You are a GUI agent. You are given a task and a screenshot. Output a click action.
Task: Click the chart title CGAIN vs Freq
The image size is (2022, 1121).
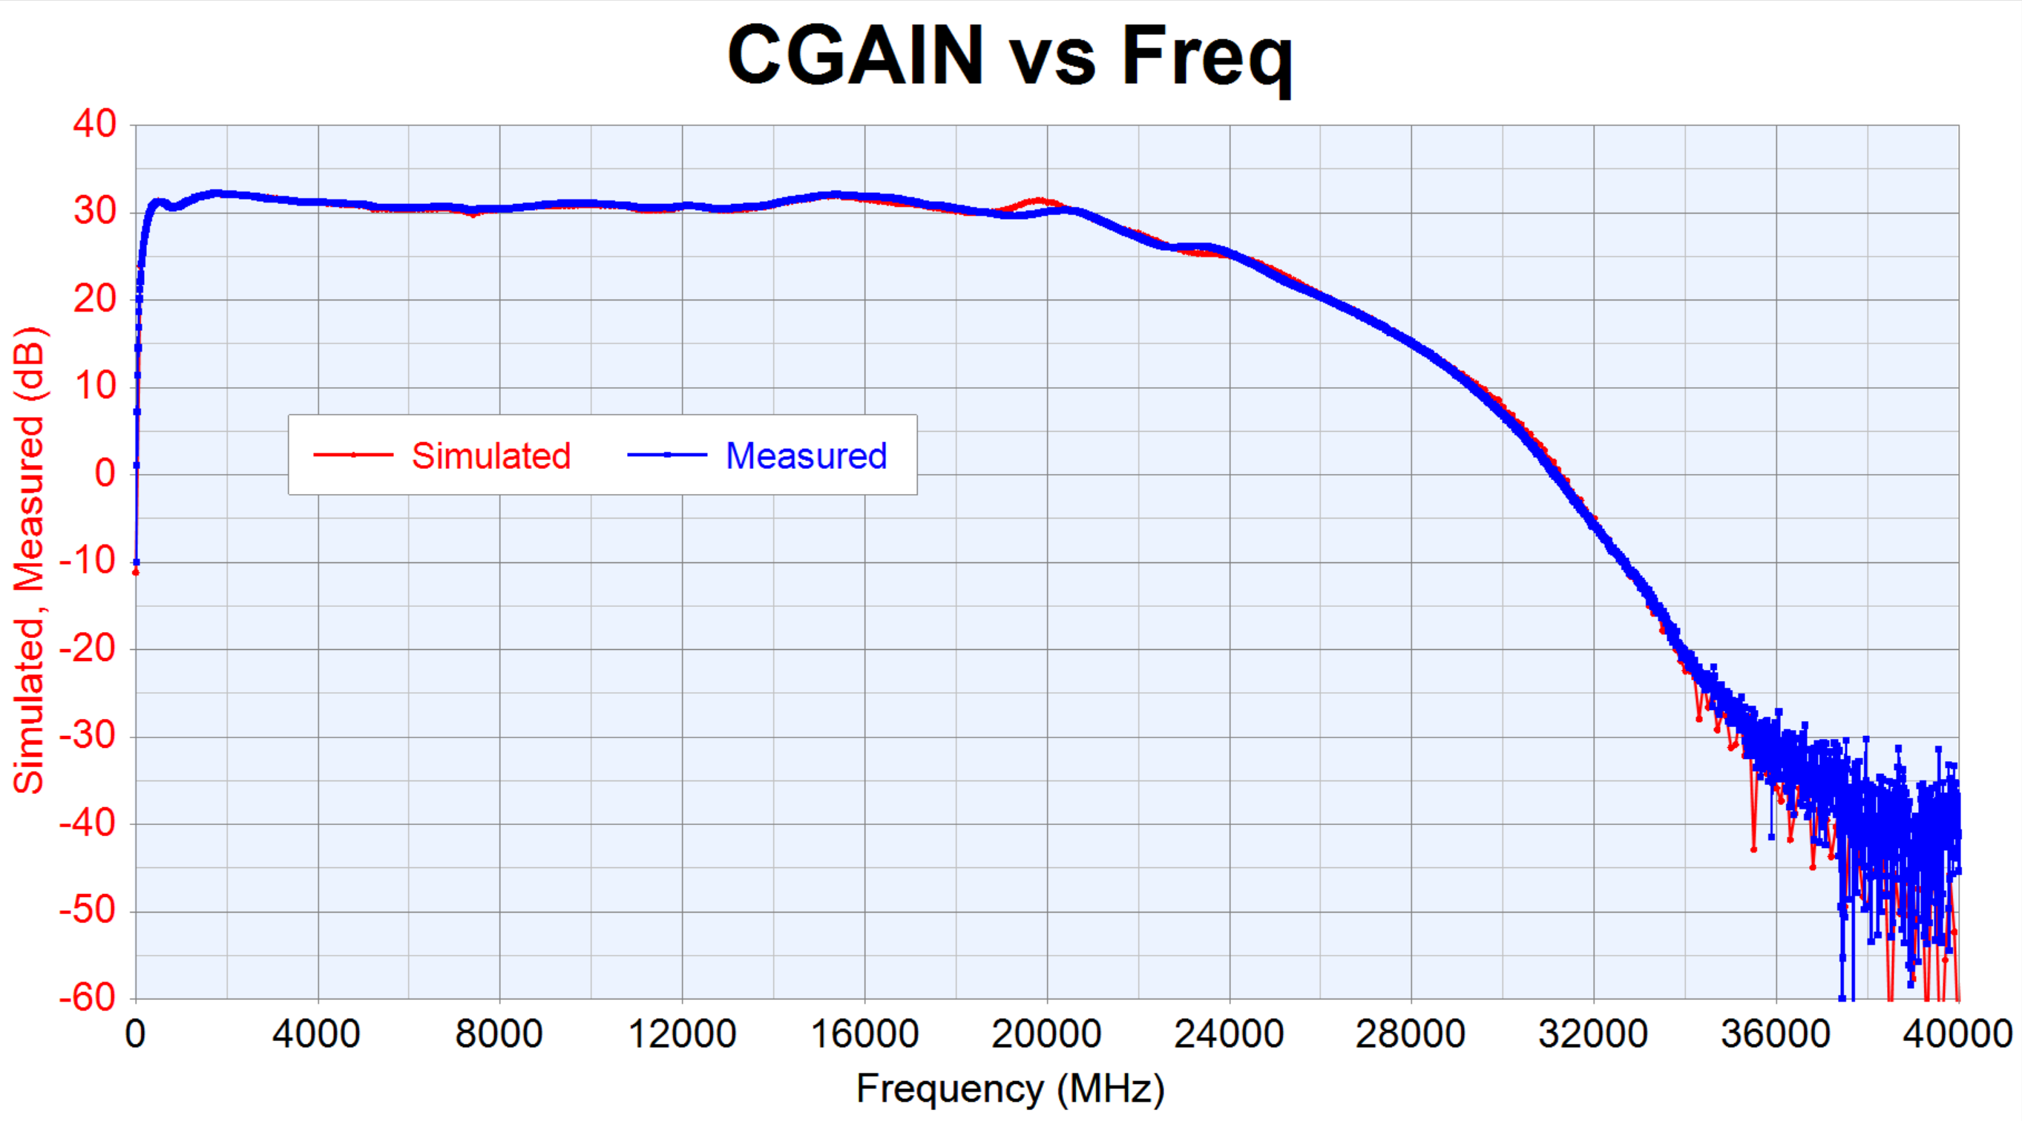(x=1009, y=56)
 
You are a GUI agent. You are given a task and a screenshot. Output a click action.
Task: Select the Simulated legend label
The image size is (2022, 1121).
(x=491, y=456)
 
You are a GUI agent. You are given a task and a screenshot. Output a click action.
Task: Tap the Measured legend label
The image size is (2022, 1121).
(x=806, y=456)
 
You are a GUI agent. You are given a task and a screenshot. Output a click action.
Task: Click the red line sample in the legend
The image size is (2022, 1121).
(x=353, y=455)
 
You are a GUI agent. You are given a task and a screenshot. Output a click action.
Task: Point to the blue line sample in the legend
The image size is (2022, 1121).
(x=667, y=455)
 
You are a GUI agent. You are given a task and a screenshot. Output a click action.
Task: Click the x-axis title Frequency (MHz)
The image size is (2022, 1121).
(x=1010, y=1090)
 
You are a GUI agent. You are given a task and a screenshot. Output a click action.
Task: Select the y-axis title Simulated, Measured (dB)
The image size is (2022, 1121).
(x=29, y=561)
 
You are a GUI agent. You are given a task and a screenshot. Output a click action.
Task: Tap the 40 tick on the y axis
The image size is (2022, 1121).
(x=95, y=124)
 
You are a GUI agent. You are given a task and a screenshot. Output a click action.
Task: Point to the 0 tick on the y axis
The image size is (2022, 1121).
(x=105, y=473)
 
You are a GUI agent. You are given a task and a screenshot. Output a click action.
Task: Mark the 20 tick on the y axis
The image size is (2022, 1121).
(x=95, y=299)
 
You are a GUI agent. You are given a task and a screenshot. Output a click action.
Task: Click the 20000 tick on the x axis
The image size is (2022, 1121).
(x=1046, y=1034)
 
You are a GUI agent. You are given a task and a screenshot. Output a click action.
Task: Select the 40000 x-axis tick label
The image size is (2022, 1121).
(x=1957, y=1034)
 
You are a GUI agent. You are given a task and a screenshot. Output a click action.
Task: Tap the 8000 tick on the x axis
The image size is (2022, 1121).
(x=499, y=1034)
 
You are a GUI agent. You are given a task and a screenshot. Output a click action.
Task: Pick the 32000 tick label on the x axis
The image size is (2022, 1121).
(x=1593, y=1034)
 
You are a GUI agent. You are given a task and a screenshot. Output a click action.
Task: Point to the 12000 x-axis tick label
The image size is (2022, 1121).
(x=682, y=1034)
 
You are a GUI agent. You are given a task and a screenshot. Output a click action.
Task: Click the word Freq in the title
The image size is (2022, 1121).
(x=1207, y=56)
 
